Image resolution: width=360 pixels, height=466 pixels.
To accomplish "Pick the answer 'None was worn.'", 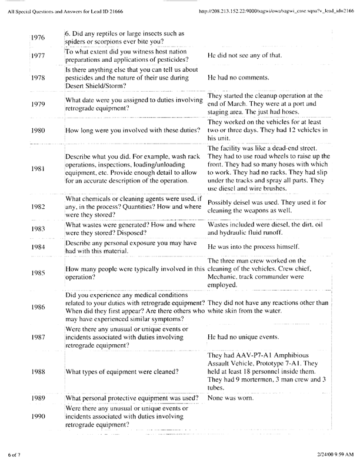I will click(x=230, y=399).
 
